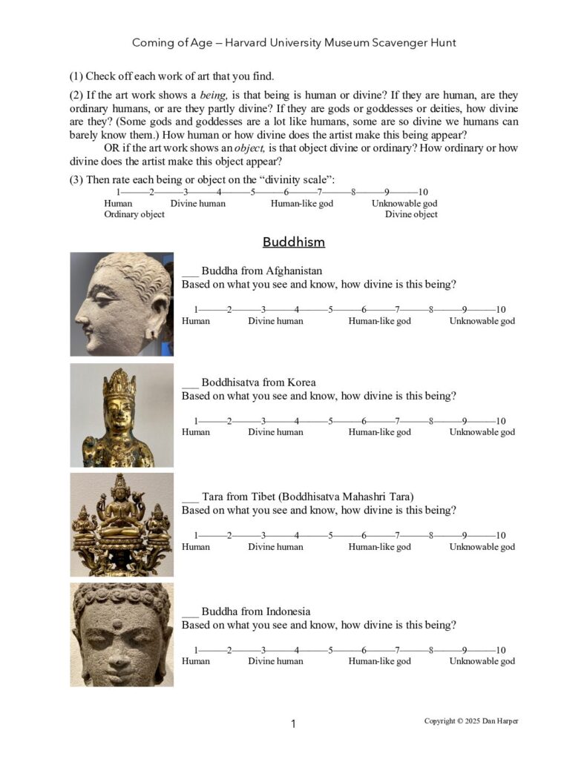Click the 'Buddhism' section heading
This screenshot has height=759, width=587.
click(293, 242)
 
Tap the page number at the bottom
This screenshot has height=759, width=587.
click(293, 724)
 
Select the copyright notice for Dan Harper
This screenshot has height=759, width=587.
click(470, 721)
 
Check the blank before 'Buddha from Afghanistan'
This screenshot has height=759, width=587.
click(190, 272)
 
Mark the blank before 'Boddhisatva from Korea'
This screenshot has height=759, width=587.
click(190, 383)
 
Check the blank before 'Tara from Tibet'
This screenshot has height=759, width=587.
click(190, 497)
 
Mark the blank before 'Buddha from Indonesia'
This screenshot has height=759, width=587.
click(190, 612)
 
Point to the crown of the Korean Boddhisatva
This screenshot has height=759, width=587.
click(119, 384)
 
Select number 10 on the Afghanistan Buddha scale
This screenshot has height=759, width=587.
click(500, 309)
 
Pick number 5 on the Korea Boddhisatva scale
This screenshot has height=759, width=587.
click(330, 420)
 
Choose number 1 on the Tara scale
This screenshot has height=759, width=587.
click(196, 535)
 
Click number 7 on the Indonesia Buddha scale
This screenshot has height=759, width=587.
click(398, 650)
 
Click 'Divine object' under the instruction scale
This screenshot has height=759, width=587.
click(411, 215)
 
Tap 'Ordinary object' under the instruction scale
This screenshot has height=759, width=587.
click(134, 215)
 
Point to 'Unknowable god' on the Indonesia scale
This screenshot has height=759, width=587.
click(482, 661)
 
